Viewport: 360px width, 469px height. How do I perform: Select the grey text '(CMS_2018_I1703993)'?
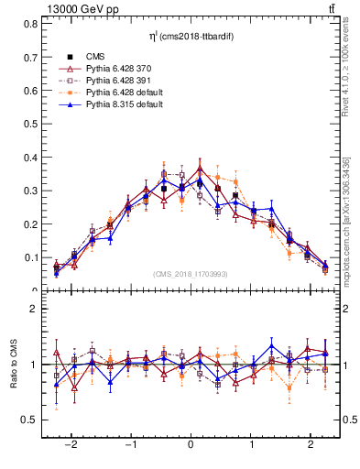point(191,273)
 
